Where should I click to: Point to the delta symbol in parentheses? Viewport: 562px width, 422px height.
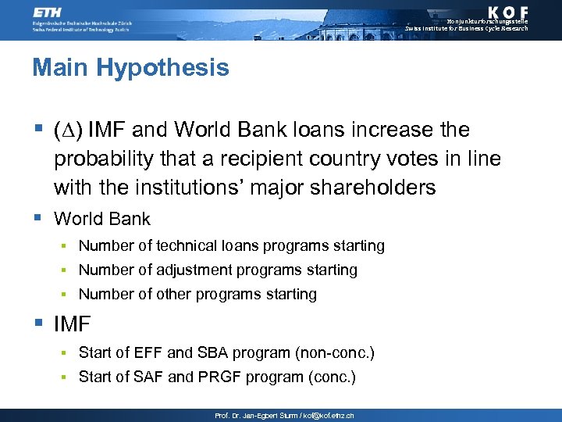tap(69, 129)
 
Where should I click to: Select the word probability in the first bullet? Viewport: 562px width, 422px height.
tap(101, 159)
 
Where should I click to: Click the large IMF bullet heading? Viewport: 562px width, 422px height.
tap(73, 324)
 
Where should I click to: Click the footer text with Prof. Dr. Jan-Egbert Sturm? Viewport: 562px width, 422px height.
tap(284, 416)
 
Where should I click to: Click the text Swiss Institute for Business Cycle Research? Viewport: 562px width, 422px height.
tap(466, 28)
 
